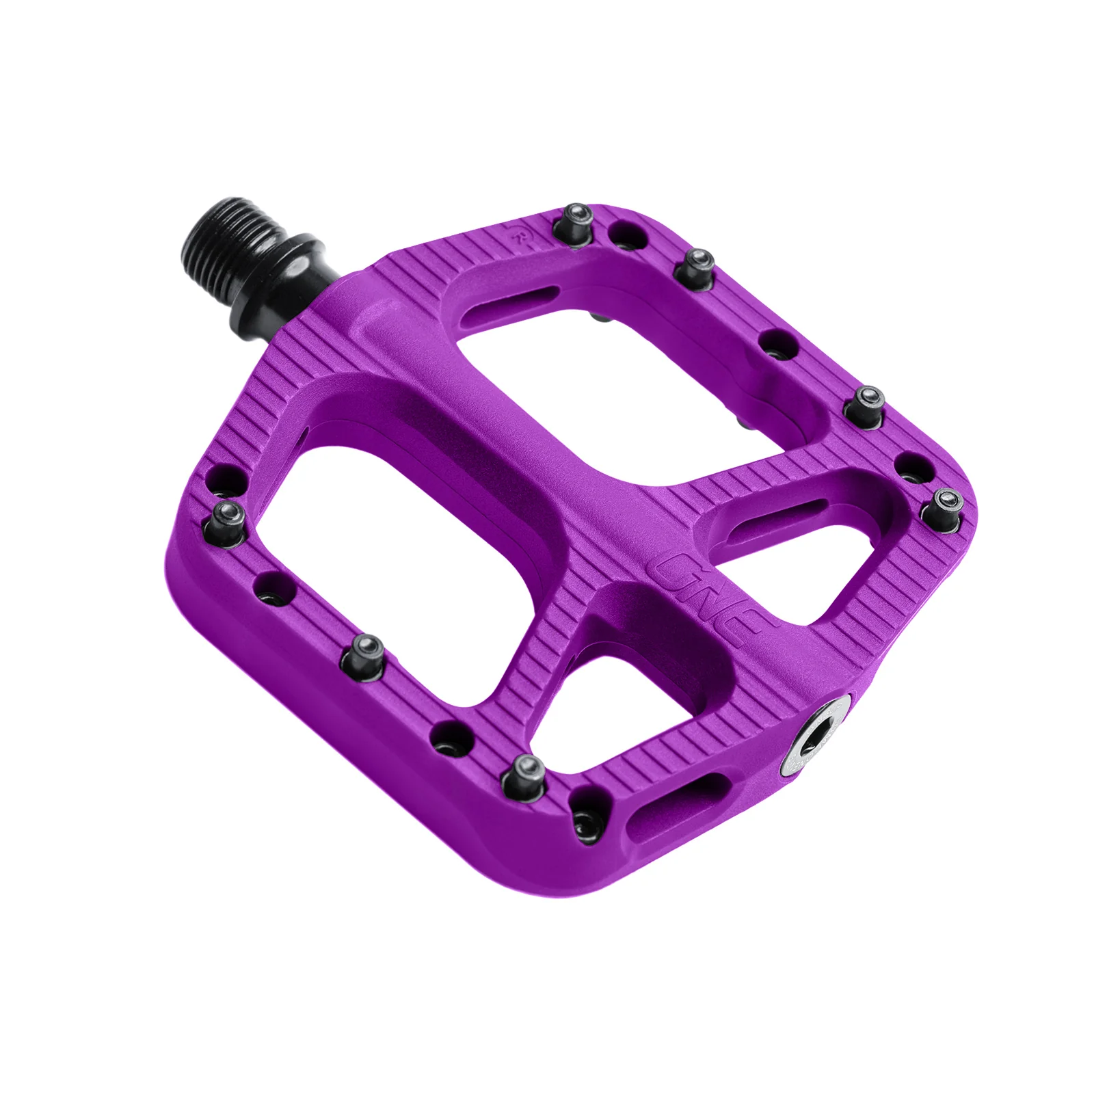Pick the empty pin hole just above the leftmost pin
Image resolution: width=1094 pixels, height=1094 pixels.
(226, 477)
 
